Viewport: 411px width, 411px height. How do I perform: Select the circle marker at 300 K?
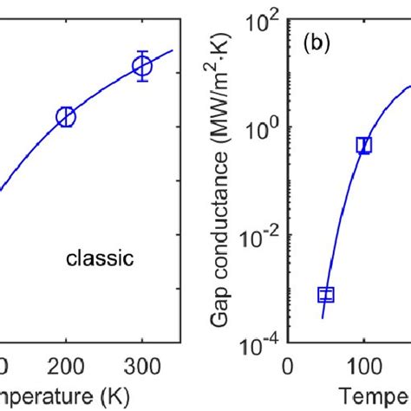pos(142,67)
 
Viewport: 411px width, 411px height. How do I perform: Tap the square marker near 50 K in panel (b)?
pos(326,295)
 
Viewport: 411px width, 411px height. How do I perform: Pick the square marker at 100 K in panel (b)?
pos(364,145)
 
